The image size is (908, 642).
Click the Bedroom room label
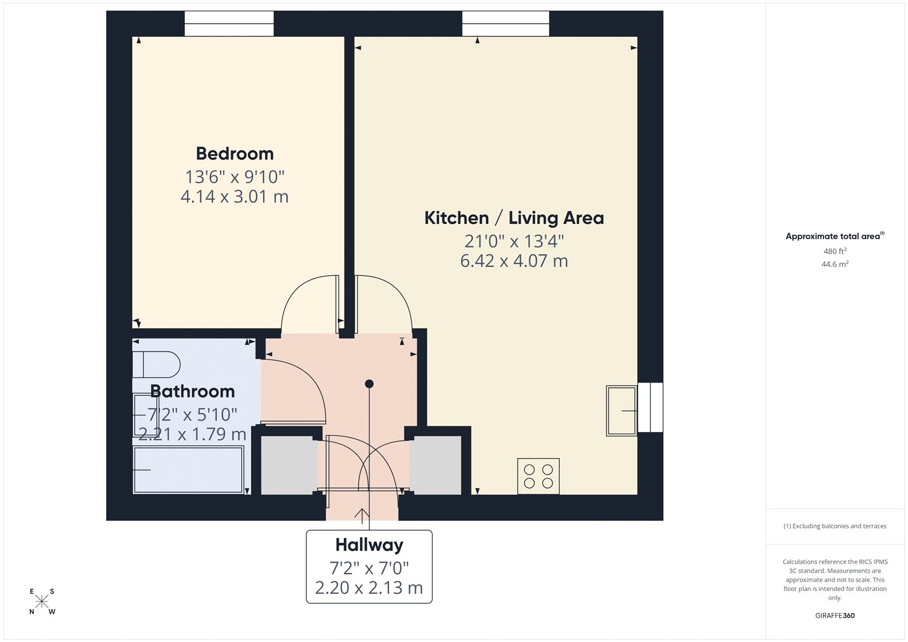coord(234,154)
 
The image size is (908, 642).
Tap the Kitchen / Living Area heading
coord(514,218)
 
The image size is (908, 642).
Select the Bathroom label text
coord(192,391)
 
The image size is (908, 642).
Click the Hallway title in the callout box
coord(369,545)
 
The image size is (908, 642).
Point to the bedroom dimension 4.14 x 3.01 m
coord(234,197)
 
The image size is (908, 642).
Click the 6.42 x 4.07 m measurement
coord(514,261)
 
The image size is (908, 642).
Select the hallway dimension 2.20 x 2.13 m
coord(369,588)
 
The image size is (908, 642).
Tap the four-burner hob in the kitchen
coord(538,476)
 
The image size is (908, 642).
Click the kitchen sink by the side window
coord(621,410)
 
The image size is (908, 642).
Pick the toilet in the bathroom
coord(156,364)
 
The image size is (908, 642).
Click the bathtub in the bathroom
coord(188,470)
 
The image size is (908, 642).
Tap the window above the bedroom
coord(229,24)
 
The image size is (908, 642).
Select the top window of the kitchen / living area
coord(506,24)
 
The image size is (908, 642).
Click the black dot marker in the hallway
coord(369,384)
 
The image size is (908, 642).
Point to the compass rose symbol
coord(42,602)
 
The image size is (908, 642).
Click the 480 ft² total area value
coord(835,251)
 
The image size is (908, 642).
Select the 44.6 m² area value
coord(835,264)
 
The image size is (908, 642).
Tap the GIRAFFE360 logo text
coord(835,615)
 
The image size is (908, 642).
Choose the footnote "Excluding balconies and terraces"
coord(835,526)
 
